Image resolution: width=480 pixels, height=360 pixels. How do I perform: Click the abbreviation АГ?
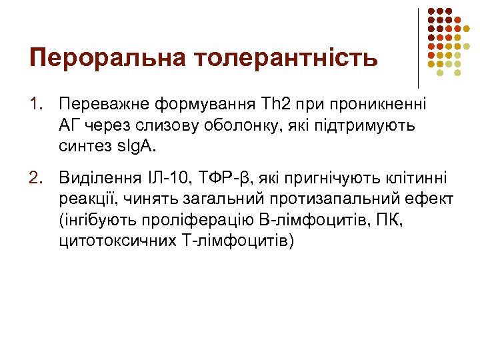[x=70, y=125]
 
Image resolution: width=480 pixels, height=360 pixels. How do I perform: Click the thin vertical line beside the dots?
[x=418, y=47]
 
